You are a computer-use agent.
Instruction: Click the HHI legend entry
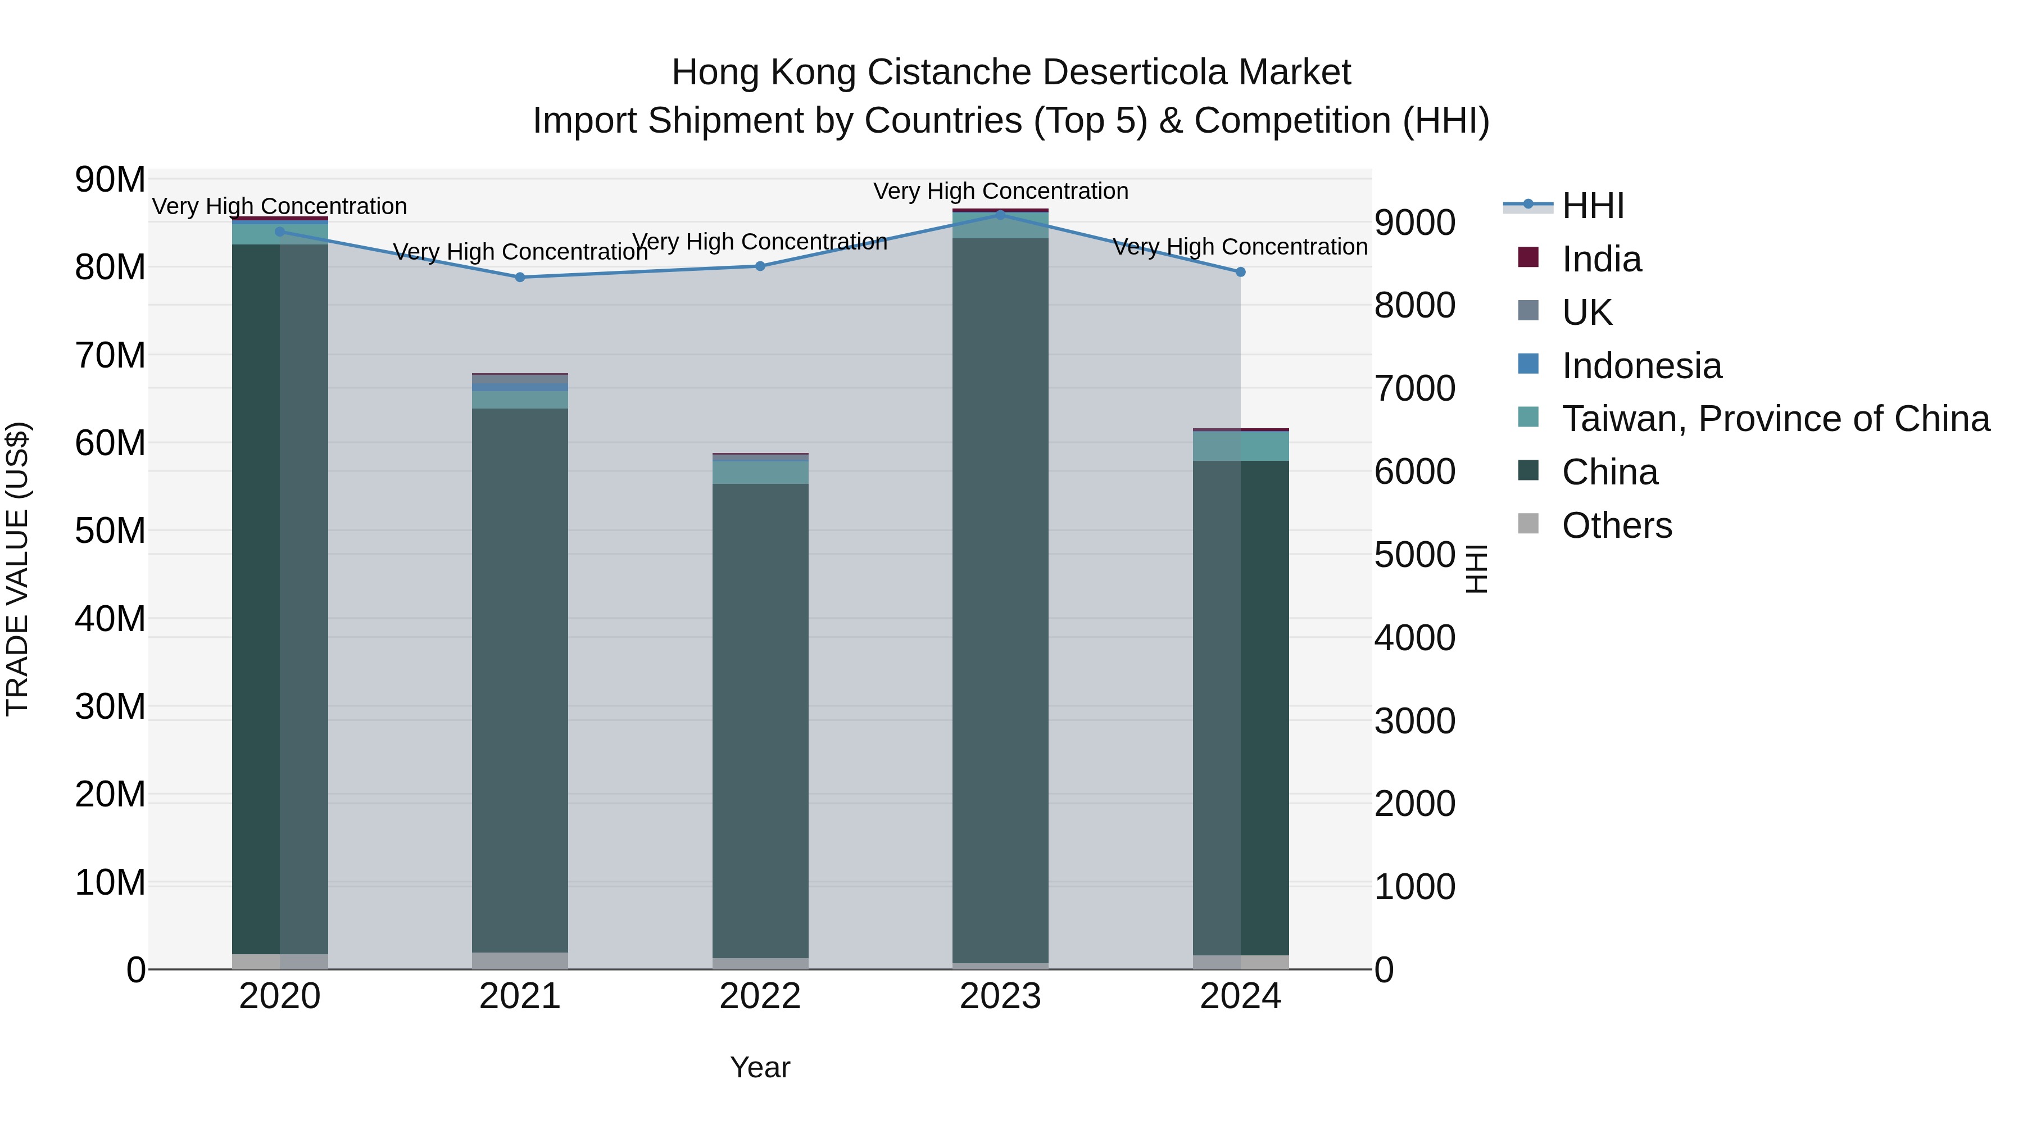click(x=1592, y=206)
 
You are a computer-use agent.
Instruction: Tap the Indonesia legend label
click(x=1641, y=366)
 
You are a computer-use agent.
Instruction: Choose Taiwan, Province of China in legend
click(x=1775, y=419)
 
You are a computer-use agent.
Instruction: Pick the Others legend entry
click(x=1616, y=525)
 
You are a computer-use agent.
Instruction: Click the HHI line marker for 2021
click(x=520, y=277)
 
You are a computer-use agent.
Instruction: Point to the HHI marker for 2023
click(x=1000, y=215)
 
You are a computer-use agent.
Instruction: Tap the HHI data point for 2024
click(x=1241, y=272)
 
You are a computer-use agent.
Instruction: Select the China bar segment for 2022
click(x=760, y=719)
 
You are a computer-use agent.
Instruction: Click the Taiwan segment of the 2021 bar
click(x=520, y=400)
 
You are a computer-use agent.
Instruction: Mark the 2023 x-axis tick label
click(x=1000, y=996)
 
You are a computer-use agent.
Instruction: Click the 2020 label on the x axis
click(x=280, y=996)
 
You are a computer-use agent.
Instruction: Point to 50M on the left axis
click(x=110, y=531)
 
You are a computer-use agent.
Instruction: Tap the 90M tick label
click(x=110, y=180)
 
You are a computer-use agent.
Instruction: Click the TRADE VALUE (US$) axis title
click(x=17, y=569)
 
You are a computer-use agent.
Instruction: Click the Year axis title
click(x=759, y=1067)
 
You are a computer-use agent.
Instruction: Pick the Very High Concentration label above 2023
click(x=1000, y=191)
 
